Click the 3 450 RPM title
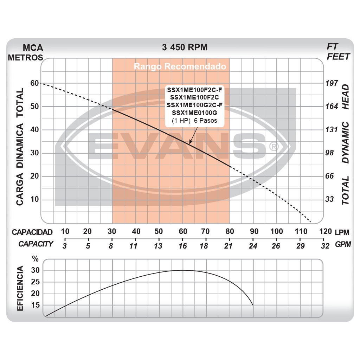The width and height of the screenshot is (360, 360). pyautogui.click(x=185, y=47)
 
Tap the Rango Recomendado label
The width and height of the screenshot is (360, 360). pyautogui.click(x=180, y=66)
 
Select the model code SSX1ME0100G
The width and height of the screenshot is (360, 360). pyautogui.click(x=195, y=112)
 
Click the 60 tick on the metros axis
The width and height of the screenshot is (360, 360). pyautogui.click(x=34, y=83)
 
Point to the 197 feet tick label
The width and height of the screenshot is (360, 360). pyautogui.click(x=332, y=83)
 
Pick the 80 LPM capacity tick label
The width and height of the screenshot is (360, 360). pyautogui.click(x=229, y=231)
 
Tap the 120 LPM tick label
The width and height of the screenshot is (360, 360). pyautogui.click(x=326, y=231)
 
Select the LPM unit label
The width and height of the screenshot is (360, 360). pyautogui.click(x=342, y=232)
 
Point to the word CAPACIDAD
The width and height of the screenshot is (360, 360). pyautogui.click(x=32, y=232)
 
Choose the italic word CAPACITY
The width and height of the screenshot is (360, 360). pyautogui.click(x=36, y=244)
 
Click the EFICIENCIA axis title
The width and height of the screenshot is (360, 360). pyautogui.click(x=20, y=289)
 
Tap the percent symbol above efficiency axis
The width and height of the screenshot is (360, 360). pyautogui.click(x=35, y=259)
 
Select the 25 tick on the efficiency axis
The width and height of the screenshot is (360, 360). pyautogui.click(x=35, y=282)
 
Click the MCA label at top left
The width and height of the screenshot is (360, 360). pyautogui.click(x=33, y=48)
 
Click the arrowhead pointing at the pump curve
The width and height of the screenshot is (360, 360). pyautogui.click(x=190, y=142)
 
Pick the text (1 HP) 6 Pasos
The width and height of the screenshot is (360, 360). pyautogui.click(x=194, y=121)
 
